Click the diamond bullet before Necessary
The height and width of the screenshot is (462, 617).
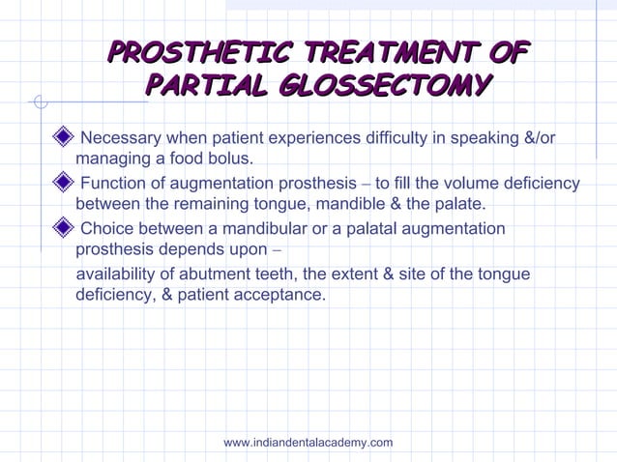pos(64,137)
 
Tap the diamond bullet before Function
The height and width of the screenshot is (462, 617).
pos(64,183)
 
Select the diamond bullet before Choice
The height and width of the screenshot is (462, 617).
pos(64,228)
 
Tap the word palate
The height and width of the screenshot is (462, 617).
pos(459,204)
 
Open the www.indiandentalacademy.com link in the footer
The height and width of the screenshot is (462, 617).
pos(308,443)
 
